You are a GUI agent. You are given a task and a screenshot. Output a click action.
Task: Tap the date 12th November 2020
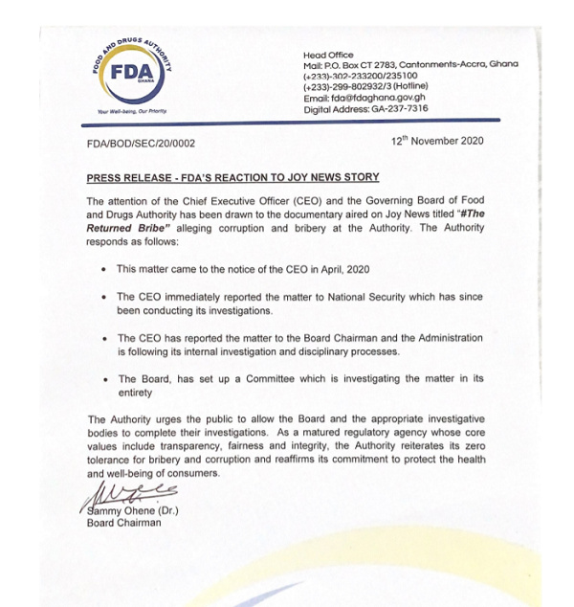[437, 141]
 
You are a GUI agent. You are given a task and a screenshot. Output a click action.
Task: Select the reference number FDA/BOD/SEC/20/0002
[142, 142]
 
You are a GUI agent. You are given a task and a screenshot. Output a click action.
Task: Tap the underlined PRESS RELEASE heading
[232, 177]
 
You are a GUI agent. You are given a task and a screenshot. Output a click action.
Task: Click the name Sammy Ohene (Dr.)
[132, 509]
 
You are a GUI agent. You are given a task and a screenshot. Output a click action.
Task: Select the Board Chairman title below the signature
[124, 523]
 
